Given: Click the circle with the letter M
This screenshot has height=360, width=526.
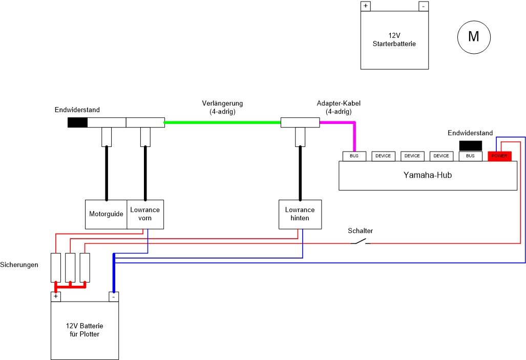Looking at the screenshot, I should point(474,37).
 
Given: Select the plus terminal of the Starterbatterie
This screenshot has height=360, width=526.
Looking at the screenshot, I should point(366,6).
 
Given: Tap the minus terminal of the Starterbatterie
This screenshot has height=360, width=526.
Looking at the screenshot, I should point(423,6).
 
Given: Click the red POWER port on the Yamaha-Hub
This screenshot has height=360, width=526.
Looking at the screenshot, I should point(499,156).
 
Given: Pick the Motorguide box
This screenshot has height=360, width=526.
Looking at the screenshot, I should point(106,214).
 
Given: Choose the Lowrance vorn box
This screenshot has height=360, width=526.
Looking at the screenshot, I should point(145,214).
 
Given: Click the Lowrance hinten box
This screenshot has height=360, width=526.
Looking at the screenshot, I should point(300,214).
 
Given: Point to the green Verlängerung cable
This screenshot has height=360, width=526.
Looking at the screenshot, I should point(222,122).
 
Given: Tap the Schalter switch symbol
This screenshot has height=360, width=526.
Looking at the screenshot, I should point(361,241).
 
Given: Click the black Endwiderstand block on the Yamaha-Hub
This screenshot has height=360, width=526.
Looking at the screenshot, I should point(470,146).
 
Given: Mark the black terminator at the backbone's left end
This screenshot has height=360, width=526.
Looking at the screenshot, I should point(77,122).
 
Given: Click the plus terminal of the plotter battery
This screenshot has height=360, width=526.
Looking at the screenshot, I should point(55,297).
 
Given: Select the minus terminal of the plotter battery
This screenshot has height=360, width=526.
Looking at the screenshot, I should point(114,297).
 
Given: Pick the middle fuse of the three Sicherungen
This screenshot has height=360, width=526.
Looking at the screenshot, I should point(70,267).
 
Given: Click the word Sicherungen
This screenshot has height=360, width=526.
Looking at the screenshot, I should point(19,265).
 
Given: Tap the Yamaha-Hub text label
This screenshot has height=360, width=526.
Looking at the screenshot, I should point(427,175).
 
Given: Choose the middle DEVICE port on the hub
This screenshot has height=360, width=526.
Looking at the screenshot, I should point(412,156).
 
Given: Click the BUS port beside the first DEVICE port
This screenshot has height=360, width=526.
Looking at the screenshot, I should point(354,156).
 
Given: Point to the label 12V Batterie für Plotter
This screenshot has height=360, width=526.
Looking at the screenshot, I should point(85,330).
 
